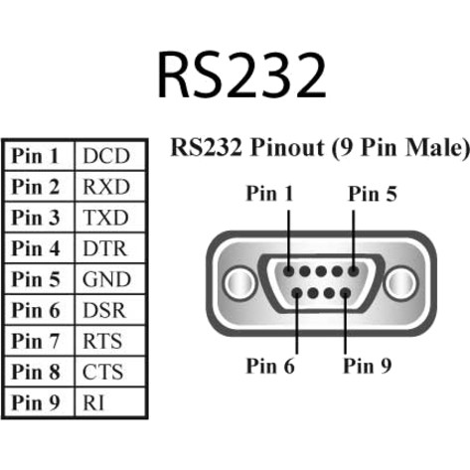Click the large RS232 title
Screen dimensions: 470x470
[241, 75]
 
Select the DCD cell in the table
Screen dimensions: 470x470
[105, 156]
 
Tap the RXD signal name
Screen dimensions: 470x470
[105, 187]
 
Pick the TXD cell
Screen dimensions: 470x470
[105, 218]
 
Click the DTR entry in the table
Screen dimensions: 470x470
[105, 248]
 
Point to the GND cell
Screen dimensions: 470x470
[105, 279]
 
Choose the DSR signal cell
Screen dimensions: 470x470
[105, 310]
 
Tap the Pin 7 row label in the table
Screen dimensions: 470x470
[36, 341]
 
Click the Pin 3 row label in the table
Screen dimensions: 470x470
[36, 218]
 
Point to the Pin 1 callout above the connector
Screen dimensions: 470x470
[269, 194]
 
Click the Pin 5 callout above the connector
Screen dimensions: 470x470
[373, 194]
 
